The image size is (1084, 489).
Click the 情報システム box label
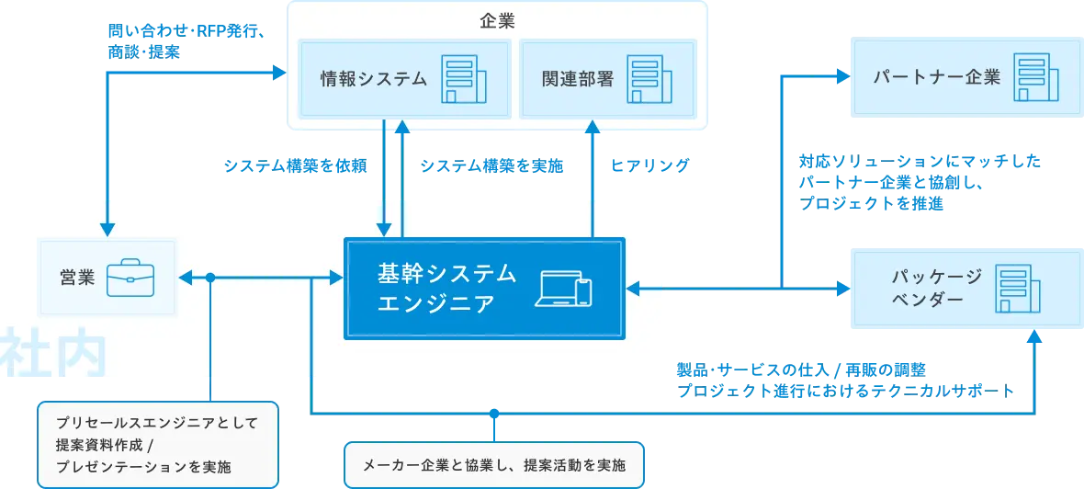point(373,79)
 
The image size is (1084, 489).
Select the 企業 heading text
point(497,21)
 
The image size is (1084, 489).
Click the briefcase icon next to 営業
point(130,277)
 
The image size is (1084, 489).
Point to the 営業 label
point(78,277)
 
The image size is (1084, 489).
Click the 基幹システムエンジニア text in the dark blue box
point(447,288)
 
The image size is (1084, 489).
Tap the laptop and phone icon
point(563,289)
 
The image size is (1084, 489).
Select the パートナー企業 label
point(936,77)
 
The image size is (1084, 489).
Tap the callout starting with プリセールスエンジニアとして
point(157,445)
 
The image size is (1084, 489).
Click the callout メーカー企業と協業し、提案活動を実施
point(494,465)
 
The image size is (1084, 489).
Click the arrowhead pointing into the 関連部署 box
point(593,128)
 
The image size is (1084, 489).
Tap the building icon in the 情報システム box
point(461,79)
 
